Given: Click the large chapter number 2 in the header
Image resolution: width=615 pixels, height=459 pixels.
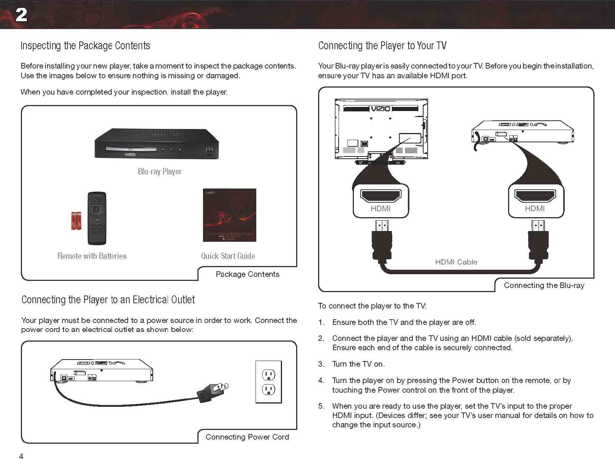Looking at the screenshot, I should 21,15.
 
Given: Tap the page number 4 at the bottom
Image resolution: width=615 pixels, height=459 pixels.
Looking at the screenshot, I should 21,455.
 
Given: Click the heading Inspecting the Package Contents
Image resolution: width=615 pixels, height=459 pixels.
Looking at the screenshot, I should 85,45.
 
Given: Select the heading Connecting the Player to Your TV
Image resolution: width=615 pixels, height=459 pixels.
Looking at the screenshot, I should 382,45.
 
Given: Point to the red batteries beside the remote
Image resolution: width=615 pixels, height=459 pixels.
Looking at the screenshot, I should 76,221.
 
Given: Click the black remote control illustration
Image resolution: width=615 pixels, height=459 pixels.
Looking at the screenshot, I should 97,218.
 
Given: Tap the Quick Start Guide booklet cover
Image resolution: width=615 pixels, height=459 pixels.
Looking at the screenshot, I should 229,215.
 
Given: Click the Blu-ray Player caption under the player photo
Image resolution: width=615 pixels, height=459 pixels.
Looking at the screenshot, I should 159,171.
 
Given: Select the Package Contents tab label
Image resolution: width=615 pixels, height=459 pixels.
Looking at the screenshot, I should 247,274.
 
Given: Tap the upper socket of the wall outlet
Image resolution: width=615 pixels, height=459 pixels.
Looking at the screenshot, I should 269,375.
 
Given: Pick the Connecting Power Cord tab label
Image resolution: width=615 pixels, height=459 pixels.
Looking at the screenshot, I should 247,437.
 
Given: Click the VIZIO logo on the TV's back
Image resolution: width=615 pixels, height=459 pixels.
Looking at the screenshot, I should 380,108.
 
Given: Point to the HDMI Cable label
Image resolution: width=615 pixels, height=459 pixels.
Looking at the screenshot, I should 456,262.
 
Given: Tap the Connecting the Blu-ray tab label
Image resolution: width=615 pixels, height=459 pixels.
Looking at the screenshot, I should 544,285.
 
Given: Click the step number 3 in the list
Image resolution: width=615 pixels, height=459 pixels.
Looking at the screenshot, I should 321,364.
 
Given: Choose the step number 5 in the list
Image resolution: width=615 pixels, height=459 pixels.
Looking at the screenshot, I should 321,406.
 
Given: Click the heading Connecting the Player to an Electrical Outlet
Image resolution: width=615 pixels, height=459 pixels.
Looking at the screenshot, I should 108,300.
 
